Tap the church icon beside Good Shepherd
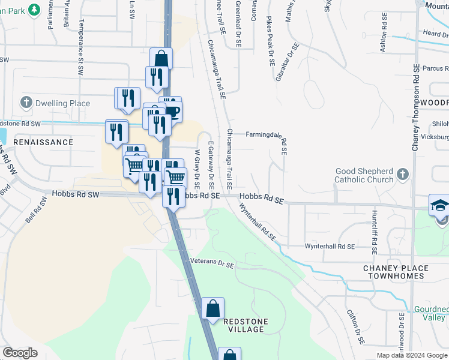pos(403,175)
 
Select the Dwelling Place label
pos(62,103)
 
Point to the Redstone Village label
pos(244,325)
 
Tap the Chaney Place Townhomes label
pos(396,272)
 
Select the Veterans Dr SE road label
pos(212,262)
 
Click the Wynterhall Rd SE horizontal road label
pos(329,247)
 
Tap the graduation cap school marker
pos(439,205)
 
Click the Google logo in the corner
pos(20,353)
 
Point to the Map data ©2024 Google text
pos(412,355)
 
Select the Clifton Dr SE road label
pos(355,327)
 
